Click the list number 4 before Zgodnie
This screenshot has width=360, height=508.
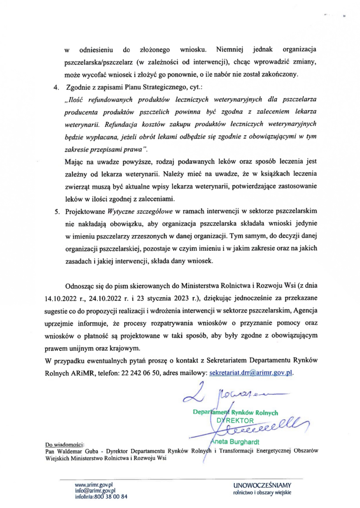point(55,88)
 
